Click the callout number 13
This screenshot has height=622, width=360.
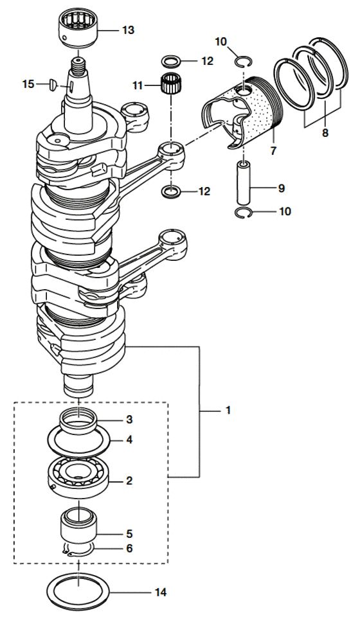[x=128, y=30]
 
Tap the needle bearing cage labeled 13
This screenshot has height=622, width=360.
[x=78, y=28]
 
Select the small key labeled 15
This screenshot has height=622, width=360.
[x=53, y=84]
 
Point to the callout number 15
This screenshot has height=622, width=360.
[x=28, y=84]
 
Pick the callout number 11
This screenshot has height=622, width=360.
[x=138, y=85]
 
